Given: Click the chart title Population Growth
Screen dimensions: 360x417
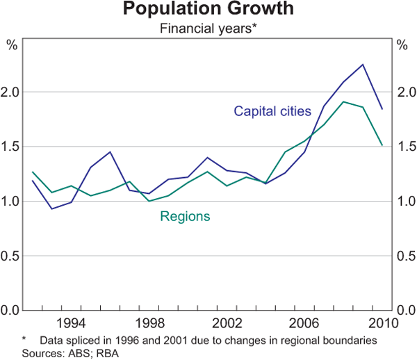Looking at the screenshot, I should tap(208, 10).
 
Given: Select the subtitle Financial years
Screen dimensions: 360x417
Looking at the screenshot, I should tap(208, 28).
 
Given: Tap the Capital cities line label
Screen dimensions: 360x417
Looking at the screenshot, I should tap(272, 111).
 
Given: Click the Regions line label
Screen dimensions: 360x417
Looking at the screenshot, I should tap(185, 216).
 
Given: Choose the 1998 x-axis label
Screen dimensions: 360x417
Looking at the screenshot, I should tap(149, 322).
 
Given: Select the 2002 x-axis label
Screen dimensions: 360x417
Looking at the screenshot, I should tap(227, 322).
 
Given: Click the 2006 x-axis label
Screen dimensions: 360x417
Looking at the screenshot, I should tap(305, 322).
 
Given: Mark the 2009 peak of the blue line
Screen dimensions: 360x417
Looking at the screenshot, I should tap(363, 65).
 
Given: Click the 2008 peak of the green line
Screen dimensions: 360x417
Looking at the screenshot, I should tap(343, 101).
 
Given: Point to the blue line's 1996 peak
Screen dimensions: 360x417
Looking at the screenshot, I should tap(110, 152).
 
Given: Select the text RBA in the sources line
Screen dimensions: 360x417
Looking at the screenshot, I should tap(120, 352).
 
